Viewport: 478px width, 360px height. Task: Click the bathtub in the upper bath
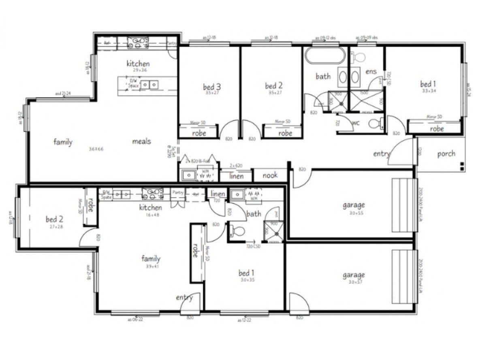pos(324,55)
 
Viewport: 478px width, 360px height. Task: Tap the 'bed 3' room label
pos(212,87)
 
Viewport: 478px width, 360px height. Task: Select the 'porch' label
pos(446,154)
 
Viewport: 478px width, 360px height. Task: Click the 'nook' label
pos(270,175)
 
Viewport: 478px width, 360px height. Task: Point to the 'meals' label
pos(141,141)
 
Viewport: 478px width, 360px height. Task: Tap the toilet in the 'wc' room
pos(376,124)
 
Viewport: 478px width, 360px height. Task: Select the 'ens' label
pos(371,72)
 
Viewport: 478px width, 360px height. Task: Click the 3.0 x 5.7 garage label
pos(354,275)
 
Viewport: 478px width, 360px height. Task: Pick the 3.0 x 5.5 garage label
pos(354,205)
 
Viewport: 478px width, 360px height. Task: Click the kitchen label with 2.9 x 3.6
pos(138,64)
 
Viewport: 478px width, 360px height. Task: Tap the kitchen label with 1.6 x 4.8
pos(150,208)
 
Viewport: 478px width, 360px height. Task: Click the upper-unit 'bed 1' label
pos(428,84)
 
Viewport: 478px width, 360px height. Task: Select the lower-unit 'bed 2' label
pos(54,219)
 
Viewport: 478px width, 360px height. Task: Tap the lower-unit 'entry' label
pos(184,298)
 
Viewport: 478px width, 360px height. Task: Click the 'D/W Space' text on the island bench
pos(133,83)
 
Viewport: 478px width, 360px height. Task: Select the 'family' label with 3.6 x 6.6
pos(63,142)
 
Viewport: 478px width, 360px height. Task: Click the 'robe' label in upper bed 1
pos(437,129)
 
